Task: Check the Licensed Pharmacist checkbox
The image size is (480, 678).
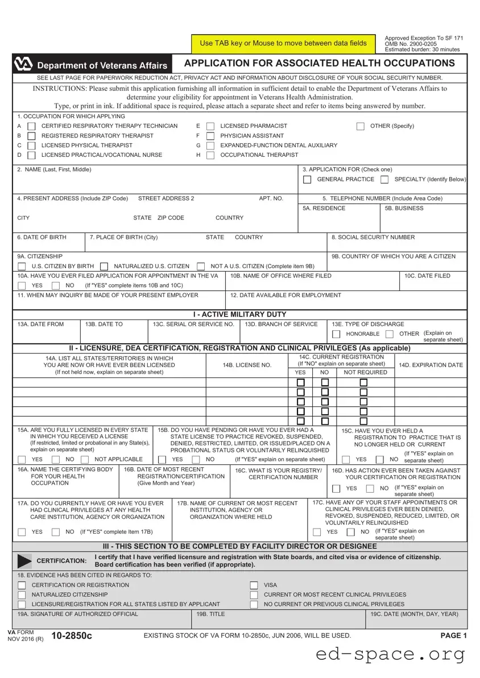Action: tap(210, 126)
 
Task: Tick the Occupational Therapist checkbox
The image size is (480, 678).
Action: tap(210, 155)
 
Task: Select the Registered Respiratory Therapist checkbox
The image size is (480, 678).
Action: tap(32, 136)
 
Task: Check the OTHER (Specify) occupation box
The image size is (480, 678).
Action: tap(361, 126)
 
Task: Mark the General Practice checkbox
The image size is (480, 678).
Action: tap(307, 180)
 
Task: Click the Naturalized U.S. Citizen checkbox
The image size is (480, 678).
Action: tap(104, 267)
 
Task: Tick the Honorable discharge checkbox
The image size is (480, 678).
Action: tap(336, 334)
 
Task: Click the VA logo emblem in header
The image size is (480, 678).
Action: tap(24, 65)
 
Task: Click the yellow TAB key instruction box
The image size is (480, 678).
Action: tap(283, 43)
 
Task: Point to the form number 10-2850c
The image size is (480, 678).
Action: tap(71, 635)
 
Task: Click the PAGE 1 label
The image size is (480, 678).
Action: tap(453, 635)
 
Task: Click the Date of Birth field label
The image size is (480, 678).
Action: tap(42, 238)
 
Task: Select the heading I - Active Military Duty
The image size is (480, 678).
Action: tap(239, 314)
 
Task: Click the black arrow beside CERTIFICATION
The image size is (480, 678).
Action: tap(25, 560)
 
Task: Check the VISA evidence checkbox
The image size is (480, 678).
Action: tap(254, 585)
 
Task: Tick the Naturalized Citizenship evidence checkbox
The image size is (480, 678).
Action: tap(22, 594)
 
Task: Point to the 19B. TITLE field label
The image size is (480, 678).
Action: tap(210, 614)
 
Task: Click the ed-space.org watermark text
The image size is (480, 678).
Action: tap(390, 655)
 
